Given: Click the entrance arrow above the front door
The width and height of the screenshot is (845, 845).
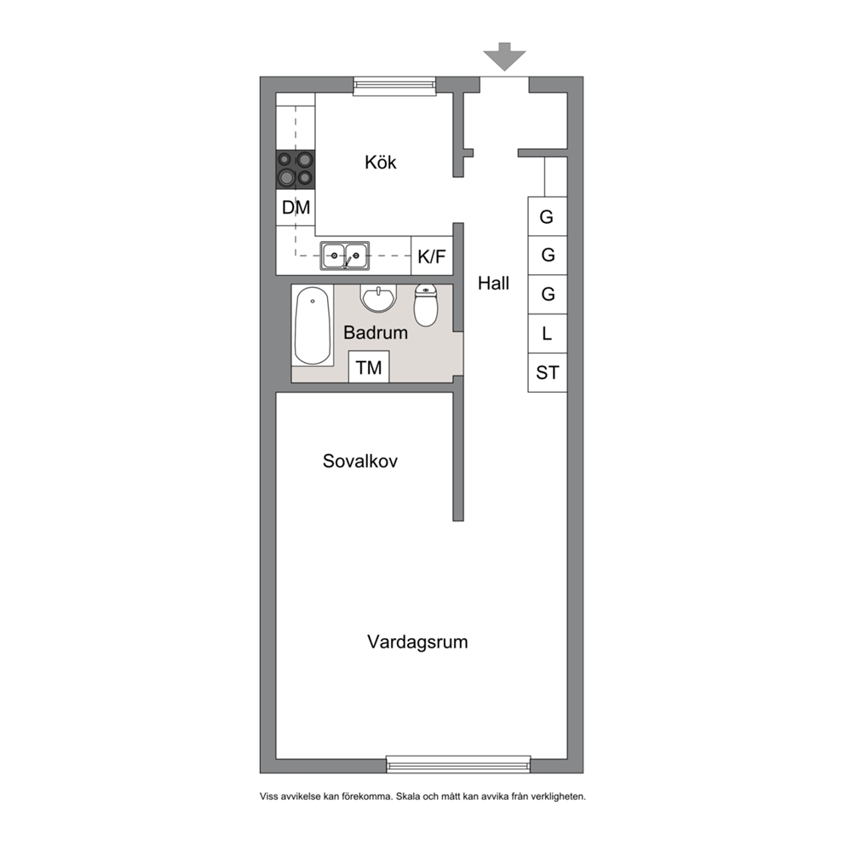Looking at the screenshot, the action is pos(504,56).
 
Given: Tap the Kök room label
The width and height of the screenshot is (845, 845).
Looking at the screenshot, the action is pos(381,162).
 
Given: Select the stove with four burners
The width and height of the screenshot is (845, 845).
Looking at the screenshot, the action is pos(296,170).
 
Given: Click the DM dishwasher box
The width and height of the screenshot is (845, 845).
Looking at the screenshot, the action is pos(296,208).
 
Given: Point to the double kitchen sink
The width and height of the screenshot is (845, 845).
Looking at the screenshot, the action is pos(345,256).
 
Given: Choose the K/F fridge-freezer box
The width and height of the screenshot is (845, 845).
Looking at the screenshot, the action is pos(432,256).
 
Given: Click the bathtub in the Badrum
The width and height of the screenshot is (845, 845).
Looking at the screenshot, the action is pos(313,326).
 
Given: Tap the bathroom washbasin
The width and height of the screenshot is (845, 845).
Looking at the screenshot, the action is pos(378,298).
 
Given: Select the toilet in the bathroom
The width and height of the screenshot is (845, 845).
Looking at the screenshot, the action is pos(426,305).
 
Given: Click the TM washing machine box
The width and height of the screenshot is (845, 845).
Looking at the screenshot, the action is pos(369,367).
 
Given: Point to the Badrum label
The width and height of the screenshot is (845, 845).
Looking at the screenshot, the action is pos(376,332).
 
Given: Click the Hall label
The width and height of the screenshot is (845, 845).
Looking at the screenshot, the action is pos(494,283).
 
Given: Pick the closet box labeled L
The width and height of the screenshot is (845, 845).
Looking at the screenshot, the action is pos(548,334).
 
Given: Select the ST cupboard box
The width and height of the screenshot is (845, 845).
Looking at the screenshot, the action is pos(548,372).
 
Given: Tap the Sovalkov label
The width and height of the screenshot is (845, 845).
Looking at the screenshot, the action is pos(360,461).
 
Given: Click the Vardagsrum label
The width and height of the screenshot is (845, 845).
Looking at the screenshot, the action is pos(417,641).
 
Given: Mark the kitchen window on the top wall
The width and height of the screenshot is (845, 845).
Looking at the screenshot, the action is pos(394,85).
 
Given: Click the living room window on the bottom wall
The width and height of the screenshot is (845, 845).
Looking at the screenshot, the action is pos(458,765).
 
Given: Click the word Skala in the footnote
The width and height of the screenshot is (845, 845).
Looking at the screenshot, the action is pos(409,796).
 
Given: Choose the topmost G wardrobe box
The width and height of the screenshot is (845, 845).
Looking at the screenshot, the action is pos(548,216).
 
